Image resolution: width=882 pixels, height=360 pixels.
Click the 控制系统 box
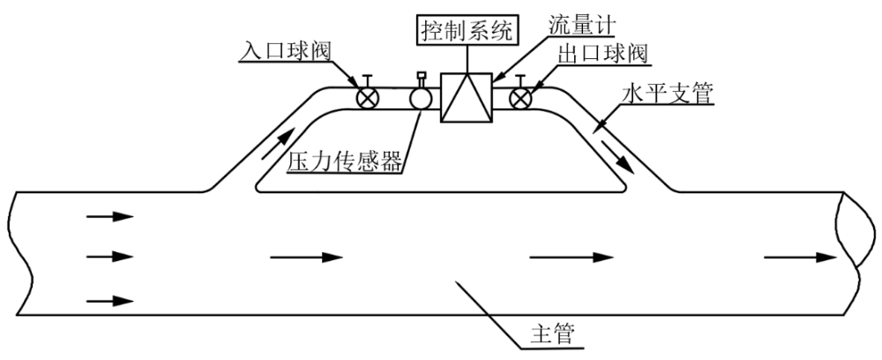pos(467,30)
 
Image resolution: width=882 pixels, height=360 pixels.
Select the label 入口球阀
pos(285,51)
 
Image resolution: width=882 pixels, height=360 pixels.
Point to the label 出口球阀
pos(602,55)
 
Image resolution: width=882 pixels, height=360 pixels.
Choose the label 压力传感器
pos(346,162)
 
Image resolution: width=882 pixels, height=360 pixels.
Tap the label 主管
pos(553,334)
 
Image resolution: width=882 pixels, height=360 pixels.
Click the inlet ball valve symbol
pos(368,99)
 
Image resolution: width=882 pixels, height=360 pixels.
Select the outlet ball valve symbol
pos(520,99)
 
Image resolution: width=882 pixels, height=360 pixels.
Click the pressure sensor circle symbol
pos(420,99)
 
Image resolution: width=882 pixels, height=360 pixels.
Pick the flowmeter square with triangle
pos(467,97)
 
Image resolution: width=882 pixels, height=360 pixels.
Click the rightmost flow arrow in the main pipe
pos(801,258)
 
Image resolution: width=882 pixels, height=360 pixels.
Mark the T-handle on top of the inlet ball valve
pos(368,79)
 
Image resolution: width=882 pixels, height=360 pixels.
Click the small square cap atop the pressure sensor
pos(420,75)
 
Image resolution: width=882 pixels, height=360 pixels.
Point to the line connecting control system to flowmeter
pos(467,58)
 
